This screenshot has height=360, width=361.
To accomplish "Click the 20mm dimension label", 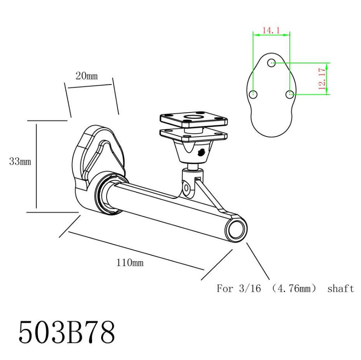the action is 87,76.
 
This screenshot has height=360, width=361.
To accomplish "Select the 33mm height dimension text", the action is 20,161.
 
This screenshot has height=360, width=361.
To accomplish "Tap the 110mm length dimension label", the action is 130,263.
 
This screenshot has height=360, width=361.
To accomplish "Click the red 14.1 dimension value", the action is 271,30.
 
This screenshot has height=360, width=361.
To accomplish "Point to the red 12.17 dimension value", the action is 322,79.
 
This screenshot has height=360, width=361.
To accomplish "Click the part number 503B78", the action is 67,332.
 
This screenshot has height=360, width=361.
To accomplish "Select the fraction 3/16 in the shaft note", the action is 250,288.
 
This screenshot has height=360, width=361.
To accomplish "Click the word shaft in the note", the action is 340,288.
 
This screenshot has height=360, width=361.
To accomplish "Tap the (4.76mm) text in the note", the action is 294,288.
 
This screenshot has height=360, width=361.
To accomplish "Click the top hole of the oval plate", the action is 272,62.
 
